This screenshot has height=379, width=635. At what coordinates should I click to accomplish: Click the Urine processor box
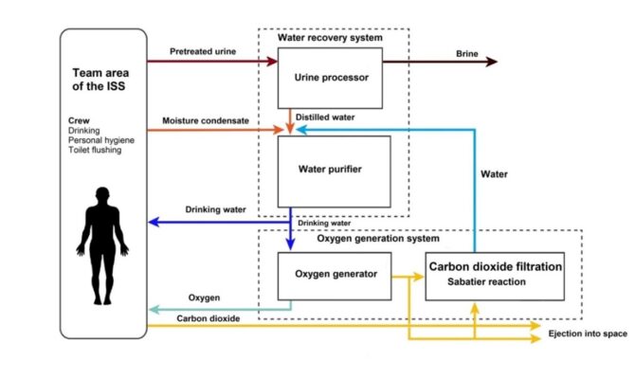329,78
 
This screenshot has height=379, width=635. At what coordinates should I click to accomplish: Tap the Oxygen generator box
329,275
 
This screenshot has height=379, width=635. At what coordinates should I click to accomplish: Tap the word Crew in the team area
80,120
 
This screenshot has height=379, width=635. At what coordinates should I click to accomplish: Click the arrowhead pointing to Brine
491,62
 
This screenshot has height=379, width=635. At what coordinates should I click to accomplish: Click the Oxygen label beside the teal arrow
204,296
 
